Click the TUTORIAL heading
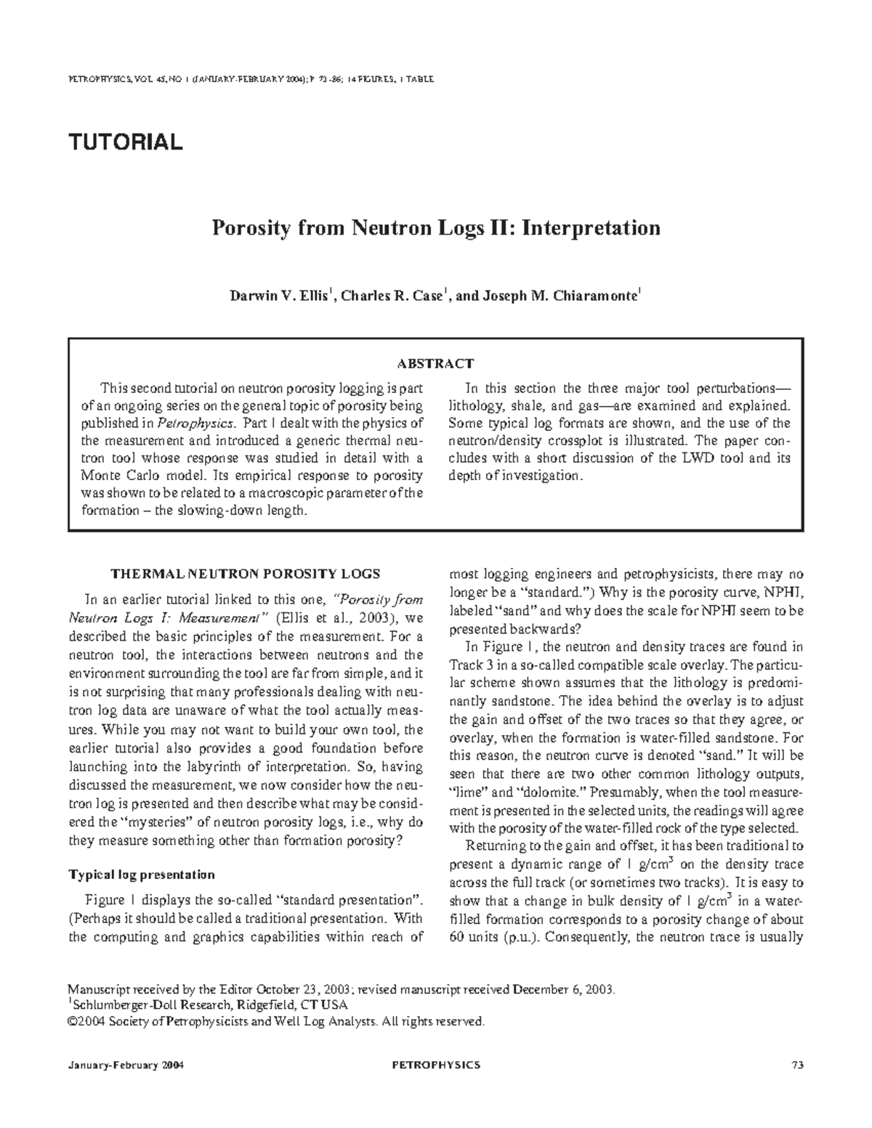click(x=125, y=142)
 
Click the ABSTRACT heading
click(x=435, y=363)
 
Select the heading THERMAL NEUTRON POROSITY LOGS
click(x=245, y=574)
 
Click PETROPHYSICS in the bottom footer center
click(x=435, y=1066)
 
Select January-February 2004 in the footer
click(x=124, y=1066)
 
